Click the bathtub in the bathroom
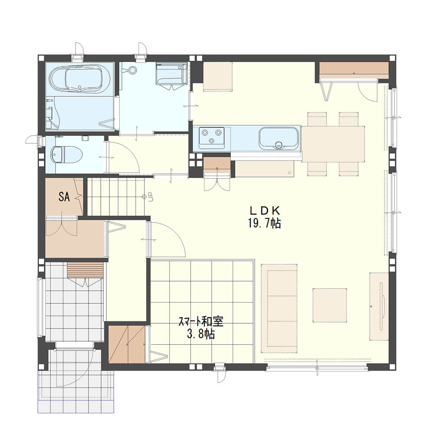tap(80, 79)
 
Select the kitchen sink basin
tap(279, 138)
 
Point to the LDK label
tap(265, 211)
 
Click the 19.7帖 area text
tap(264, 223)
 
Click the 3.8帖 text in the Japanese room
tap(201, 334)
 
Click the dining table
tap(333, 144)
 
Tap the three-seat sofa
tap(279, 308)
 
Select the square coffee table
tap(330, 305)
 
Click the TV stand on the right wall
tap(379, 306)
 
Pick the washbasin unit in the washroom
tap(171, 74)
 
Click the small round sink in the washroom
tap(132, 70)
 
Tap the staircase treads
tap(116, 197)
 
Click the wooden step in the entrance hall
tap(85, 270)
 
